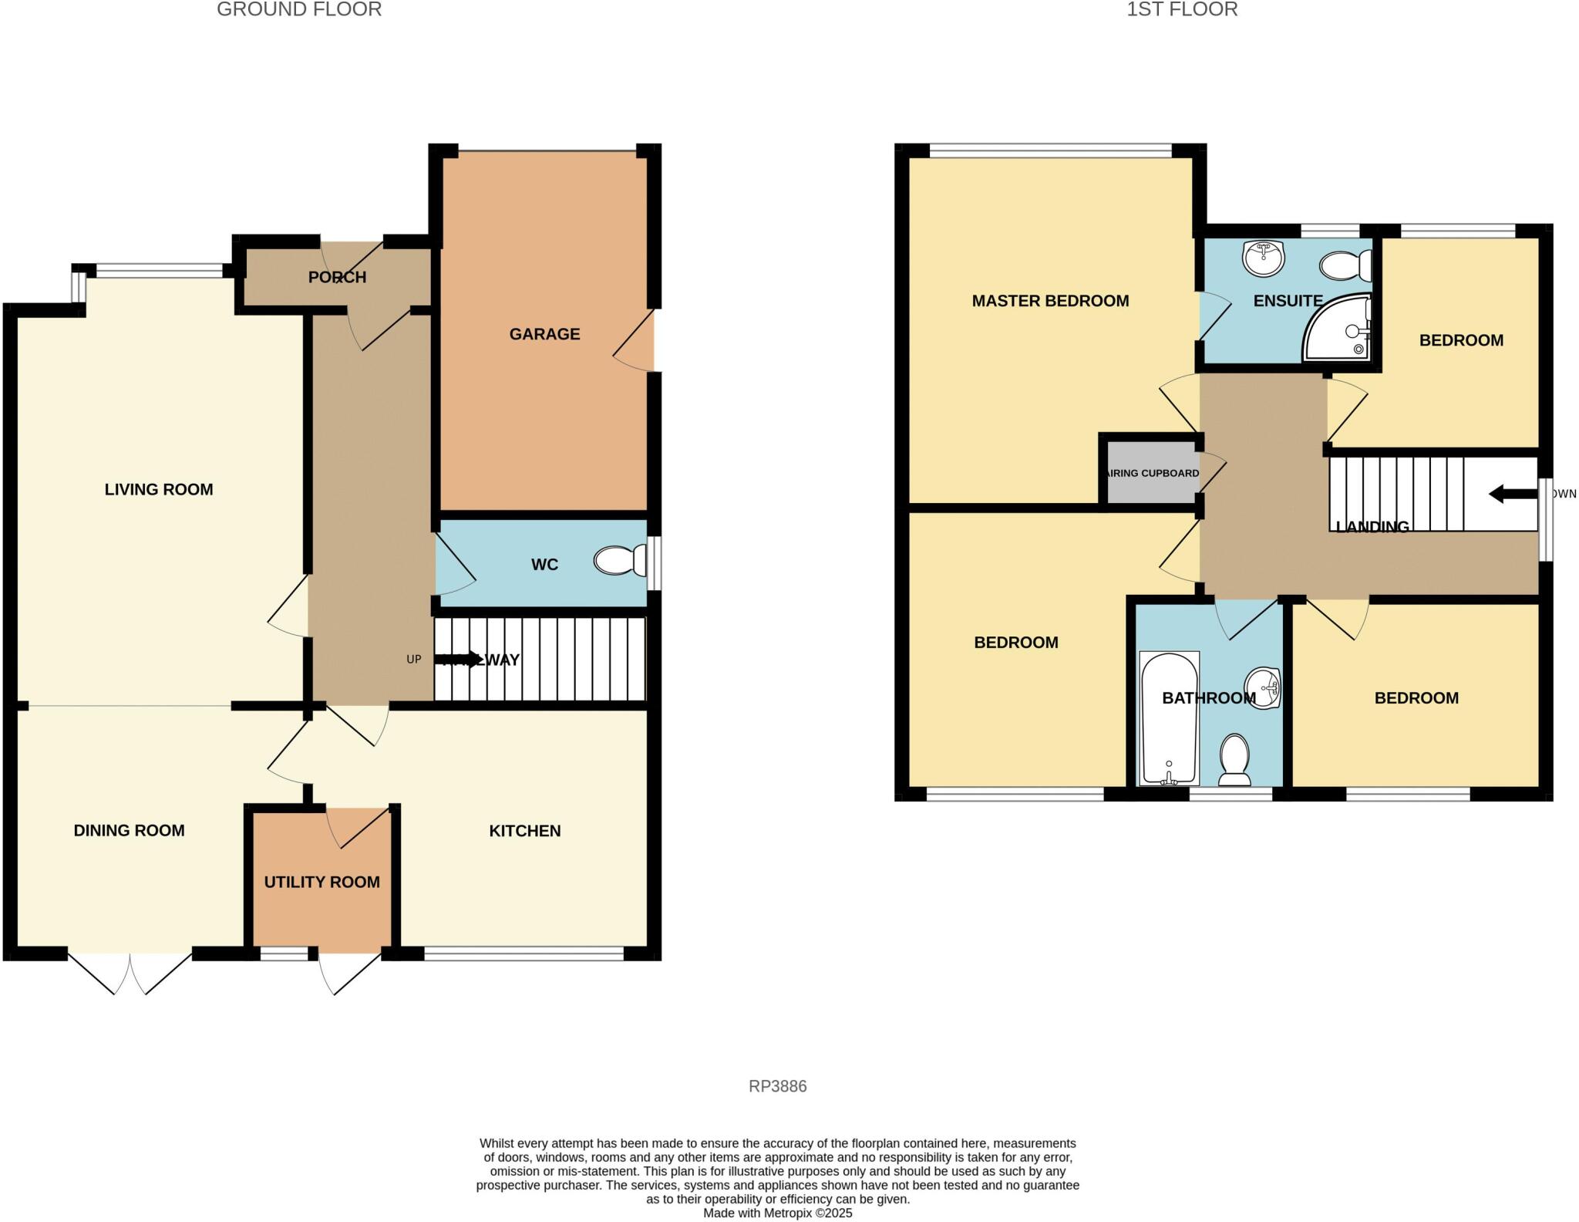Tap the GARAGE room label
pyautogui.click(x=544, y=334)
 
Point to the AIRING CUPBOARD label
pyautogui.click(x=1153, y=473)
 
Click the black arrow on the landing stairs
pyautogui.click(x=1512, y=494)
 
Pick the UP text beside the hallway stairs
pyautogui.click(x=414, y=660)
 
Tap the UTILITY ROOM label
pyautogui.click(x=322, y=882)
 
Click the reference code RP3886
pyautogui.click(x=777, y=1086)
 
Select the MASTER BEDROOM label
pyautogui.click(x=1050, y=301)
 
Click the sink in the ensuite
pyautogui.click(x=1263, y=258)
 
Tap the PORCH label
pyautogui.click(x=337, y=277)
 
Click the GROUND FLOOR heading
pyautogui.click(x=299, y=9)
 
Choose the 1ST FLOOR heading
pyautogui.click(x=1182, y=9)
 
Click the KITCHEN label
pyautogui.click(x=524, y=831)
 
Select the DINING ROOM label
pyautogui.click(x=129, y=831)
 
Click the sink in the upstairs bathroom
pyautogui.click(x=1262, y=688)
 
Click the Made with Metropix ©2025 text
pyautogui.click(x=777, y=1213)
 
